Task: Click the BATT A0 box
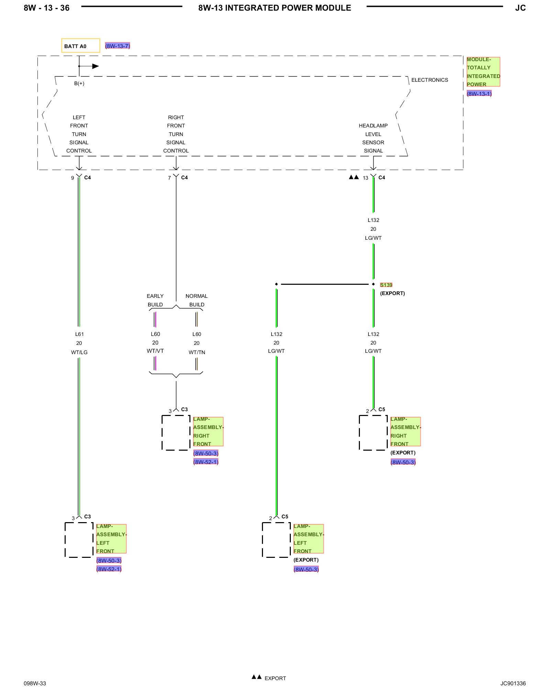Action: click(81, 45)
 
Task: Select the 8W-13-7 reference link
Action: click(118, 46)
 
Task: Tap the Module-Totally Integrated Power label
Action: click(483, 72)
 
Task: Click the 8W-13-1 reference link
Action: click(479, 93)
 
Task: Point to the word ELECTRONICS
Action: click(430, 80)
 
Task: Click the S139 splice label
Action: click(386, 285)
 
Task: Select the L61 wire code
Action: click(79, 334)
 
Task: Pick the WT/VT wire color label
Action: click(155, 351)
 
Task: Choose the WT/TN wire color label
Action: click(197, 352)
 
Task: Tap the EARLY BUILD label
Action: click(155, 300)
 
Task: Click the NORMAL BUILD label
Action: click(197, 300)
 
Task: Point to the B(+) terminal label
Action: click(79, 83)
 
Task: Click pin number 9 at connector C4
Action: click(73, 178)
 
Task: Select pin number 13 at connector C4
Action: click(365, 178)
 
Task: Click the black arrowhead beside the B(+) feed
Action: click(96, 66)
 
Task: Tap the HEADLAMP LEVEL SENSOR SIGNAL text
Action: click(373, 138)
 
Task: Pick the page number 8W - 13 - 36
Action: click(47, 8)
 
